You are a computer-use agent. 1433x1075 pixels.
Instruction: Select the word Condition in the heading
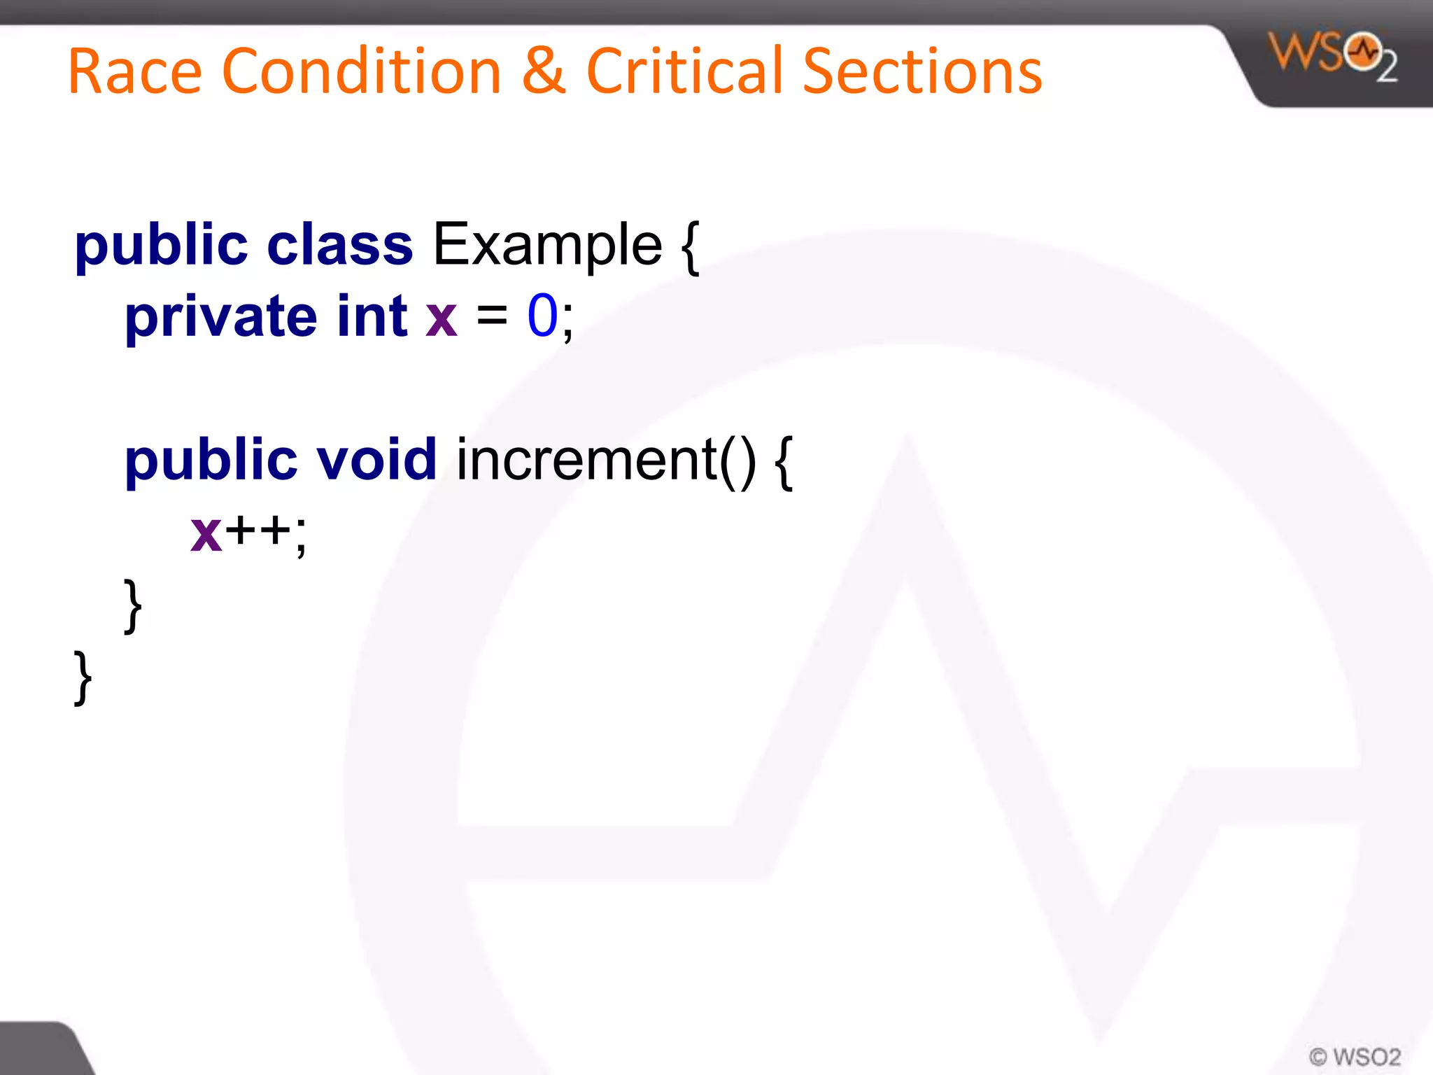pos(362,71)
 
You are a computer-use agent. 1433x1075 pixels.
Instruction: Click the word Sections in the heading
pos(922,71)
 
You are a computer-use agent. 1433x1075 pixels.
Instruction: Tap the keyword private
pos(220,317)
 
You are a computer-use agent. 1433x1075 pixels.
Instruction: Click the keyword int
pos(372,316)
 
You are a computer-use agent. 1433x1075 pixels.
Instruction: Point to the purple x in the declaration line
pos(442,319)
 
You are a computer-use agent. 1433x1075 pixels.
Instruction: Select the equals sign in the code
pos(492,316)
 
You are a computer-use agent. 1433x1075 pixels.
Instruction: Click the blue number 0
pos(542,316)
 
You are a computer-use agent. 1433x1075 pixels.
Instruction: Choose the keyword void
pos(377,460)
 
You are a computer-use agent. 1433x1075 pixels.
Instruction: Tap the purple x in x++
pos(206,534)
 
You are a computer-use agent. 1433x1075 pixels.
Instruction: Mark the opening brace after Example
pos(690,247)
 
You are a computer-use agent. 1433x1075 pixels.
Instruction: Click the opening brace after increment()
pos(784,462)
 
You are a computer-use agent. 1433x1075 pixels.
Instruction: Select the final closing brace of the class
pos(83,677)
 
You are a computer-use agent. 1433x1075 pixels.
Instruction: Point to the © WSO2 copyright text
pos(1355,1056)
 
